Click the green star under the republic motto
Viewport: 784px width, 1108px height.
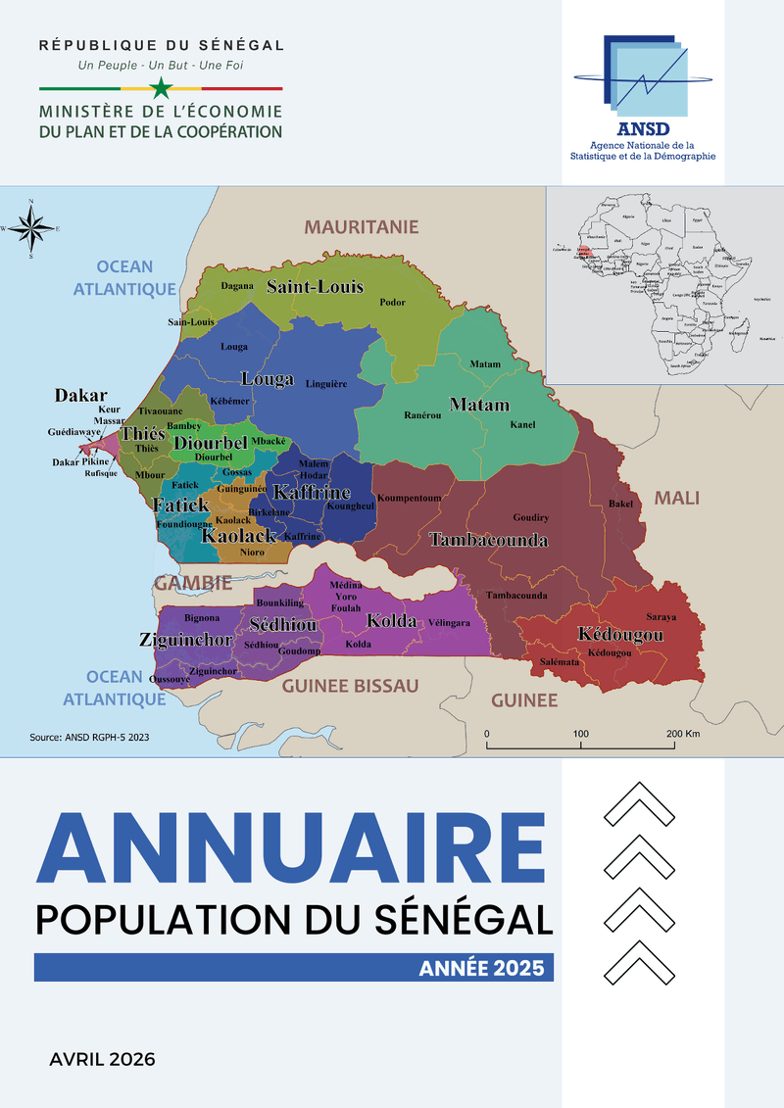coord(162,88)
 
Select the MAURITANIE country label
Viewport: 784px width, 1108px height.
coord(361,227)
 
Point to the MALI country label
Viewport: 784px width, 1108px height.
coord(676,498)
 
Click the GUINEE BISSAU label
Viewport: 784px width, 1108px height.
coord(350,686)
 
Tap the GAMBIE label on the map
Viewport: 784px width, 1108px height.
coord(192,583)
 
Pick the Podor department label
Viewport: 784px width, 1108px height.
coord(392,303)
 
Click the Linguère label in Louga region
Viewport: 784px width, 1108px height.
coord(326,384)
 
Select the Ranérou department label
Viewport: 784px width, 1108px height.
coord(422,415)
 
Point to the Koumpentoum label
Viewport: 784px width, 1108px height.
coord(409,499)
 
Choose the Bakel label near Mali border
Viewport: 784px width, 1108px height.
coord(621,504)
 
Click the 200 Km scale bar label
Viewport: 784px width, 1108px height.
coord(683,734)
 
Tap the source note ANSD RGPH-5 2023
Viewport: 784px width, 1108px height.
coord(90,737)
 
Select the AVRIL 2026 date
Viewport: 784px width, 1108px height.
coord(102,1058)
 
